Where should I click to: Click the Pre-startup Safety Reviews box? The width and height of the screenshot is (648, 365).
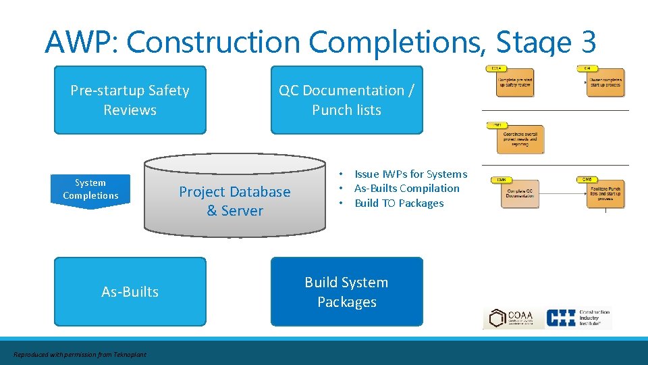(130, 100)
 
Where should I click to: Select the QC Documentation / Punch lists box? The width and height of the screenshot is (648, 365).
(346, 100)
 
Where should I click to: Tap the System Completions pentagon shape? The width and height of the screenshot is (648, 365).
(90, 190)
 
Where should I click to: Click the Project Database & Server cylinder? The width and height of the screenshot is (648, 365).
(235, 201)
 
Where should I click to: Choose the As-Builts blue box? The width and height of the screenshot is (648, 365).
(130, 291)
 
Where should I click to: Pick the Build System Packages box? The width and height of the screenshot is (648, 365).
(346, 291)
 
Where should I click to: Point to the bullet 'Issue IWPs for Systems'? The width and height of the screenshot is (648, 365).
(410, 174)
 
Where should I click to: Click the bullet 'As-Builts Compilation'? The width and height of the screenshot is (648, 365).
(406, 189)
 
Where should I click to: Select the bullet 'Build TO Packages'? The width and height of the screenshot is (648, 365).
(399, 203)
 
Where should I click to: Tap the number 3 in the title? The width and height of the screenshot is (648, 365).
(586, 42)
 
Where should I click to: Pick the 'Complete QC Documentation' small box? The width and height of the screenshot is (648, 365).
(520, 194)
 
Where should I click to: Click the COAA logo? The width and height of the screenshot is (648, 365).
(510, 318)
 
